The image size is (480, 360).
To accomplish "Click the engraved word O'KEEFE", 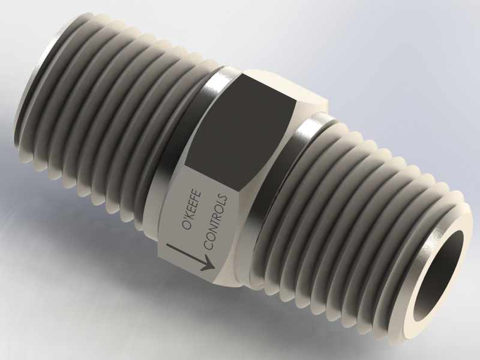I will [x=193, y=207].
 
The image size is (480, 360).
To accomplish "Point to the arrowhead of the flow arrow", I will [x=207, y=262].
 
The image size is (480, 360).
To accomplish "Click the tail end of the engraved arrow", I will [x=169, y=245].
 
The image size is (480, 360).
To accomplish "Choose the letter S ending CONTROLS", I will [x=224, y=198].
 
